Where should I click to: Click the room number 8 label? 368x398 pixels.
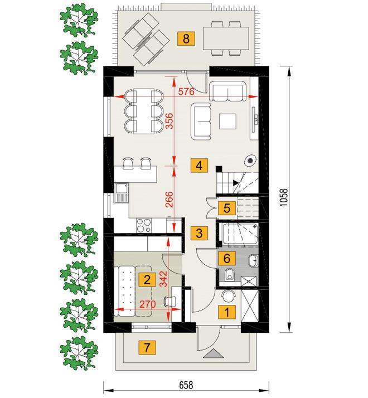click(x=186, y=38)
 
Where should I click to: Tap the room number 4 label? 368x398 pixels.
click(x=199, y=166)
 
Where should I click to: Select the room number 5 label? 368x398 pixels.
click(x=227, y=208)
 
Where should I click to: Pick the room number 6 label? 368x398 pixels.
click(x=227, y=258)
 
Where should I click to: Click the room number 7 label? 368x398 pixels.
click(x=147, y=347)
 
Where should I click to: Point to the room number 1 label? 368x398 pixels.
click(x=227, y=312)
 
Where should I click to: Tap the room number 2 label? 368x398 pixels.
click(x=147, y=280)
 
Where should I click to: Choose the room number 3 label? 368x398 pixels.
click(x=199, y=233)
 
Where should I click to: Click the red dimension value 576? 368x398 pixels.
click(x=186, y=91)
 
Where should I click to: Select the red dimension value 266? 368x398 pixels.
click(x=169, y=199)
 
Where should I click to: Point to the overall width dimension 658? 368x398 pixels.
click(x=186, y=385)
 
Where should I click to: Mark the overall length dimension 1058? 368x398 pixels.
click(x=284, y=198)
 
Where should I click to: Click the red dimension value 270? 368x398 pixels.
click(x=148, y=304)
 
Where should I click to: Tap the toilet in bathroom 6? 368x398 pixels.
click(x=230, y=275)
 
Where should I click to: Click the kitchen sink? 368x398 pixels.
click(x=122, y=193)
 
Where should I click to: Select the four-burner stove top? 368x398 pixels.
click(x=144, y=225)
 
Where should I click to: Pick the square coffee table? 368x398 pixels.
click(x=228, y=122)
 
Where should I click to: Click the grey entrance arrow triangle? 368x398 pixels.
click(x=214, y=353)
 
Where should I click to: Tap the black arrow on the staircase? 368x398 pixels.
click(x=236, y=182)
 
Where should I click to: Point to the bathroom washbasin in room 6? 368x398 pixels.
click(x=253, y=260)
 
